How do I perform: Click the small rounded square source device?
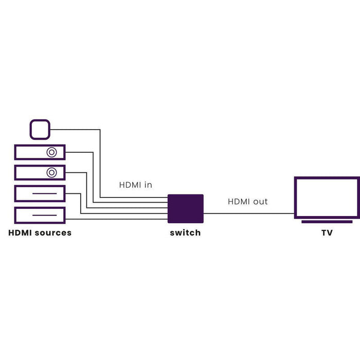(x=40, y=129)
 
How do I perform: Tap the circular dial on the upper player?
(x=52, y=152)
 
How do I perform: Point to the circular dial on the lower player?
(x=51, y=172)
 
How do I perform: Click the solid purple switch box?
(x=186, y=208)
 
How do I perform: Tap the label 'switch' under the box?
(x=185, y=233)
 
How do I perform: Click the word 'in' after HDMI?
(x=148, y=185)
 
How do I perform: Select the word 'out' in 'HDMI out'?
(x=260, y=202)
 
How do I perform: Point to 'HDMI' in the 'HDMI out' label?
(x=239, y=202)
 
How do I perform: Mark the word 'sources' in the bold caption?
(x=52, y=233)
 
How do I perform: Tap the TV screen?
(x=327, y=197)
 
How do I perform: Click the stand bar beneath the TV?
(x=327, y=222)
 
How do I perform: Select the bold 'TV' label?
(x=327, y=233)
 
